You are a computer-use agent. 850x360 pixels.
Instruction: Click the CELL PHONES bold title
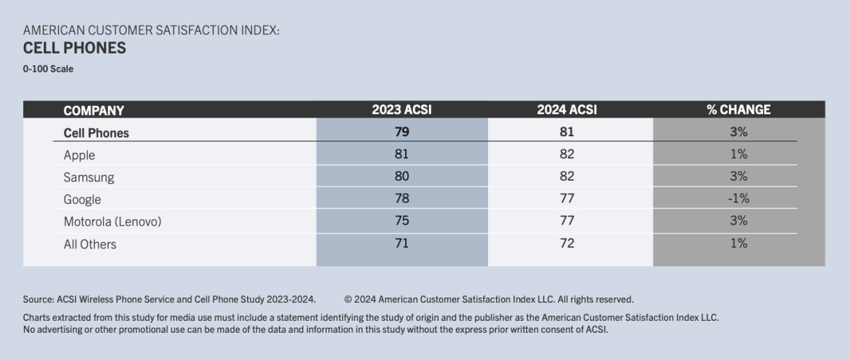(74, 48)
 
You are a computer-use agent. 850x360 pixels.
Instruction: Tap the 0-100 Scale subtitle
(48, 69)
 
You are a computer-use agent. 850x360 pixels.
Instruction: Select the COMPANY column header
(94, 110)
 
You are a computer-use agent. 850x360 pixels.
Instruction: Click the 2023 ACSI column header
(401, 110)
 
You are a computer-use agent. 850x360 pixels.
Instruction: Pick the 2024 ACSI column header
(566, 110)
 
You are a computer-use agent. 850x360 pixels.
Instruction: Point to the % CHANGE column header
(738, 110)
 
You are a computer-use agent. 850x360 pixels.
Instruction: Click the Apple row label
(79, 155)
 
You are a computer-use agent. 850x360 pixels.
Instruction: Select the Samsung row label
(88, 177)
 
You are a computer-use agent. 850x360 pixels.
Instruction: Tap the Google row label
(82, 200)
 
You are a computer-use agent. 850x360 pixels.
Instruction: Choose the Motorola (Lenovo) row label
(112, 222)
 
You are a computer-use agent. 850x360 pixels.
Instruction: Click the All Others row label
(90, 244)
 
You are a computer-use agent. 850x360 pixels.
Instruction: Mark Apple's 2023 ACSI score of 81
(401, 154)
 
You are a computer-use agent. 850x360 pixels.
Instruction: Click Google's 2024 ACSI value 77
(566, 198)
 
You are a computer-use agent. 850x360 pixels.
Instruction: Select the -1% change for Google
(738, 198)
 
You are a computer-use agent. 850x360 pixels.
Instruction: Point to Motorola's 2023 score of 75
(401, 221)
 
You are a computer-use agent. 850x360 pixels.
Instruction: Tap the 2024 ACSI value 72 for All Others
(566, 243)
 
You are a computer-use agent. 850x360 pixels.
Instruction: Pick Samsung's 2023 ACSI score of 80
(401, 176)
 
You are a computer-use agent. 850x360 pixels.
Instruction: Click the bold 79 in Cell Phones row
(401, 132)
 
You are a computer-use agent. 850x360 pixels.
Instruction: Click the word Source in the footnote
(38, 300)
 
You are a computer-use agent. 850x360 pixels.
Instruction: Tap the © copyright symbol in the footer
(348, 300)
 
